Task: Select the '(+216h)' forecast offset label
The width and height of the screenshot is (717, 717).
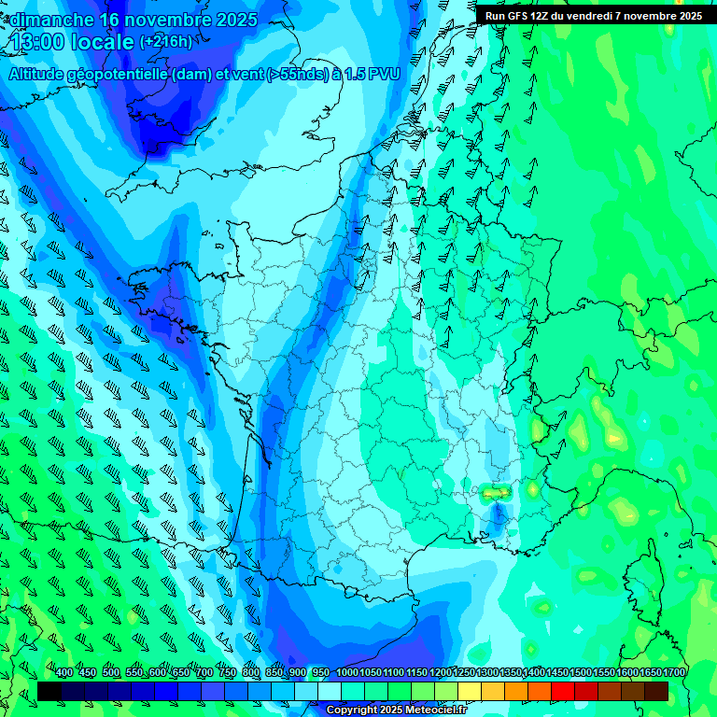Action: [165, 41]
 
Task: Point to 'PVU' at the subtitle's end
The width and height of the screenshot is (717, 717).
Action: [386, 75]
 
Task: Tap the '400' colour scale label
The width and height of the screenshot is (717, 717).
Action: [64, 673]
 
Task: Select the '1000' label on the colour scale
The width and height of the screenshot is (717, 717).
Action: [347, 673]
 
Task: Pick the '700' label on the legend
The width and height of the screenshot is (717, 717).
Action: [204, 673]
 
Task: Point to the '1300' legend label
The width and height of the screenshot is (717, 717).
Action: [487, 673]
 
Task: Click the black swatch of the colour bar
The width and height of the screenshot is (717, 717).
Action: [49, 691]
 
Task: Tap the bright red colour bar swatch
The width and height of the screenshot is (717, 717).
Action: [563, 691]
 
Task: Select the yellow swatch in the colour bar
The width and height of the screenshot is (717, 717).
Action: [470, 691]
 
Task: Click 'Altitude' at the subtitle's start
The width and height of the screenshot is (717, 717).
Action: [37, 75]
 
